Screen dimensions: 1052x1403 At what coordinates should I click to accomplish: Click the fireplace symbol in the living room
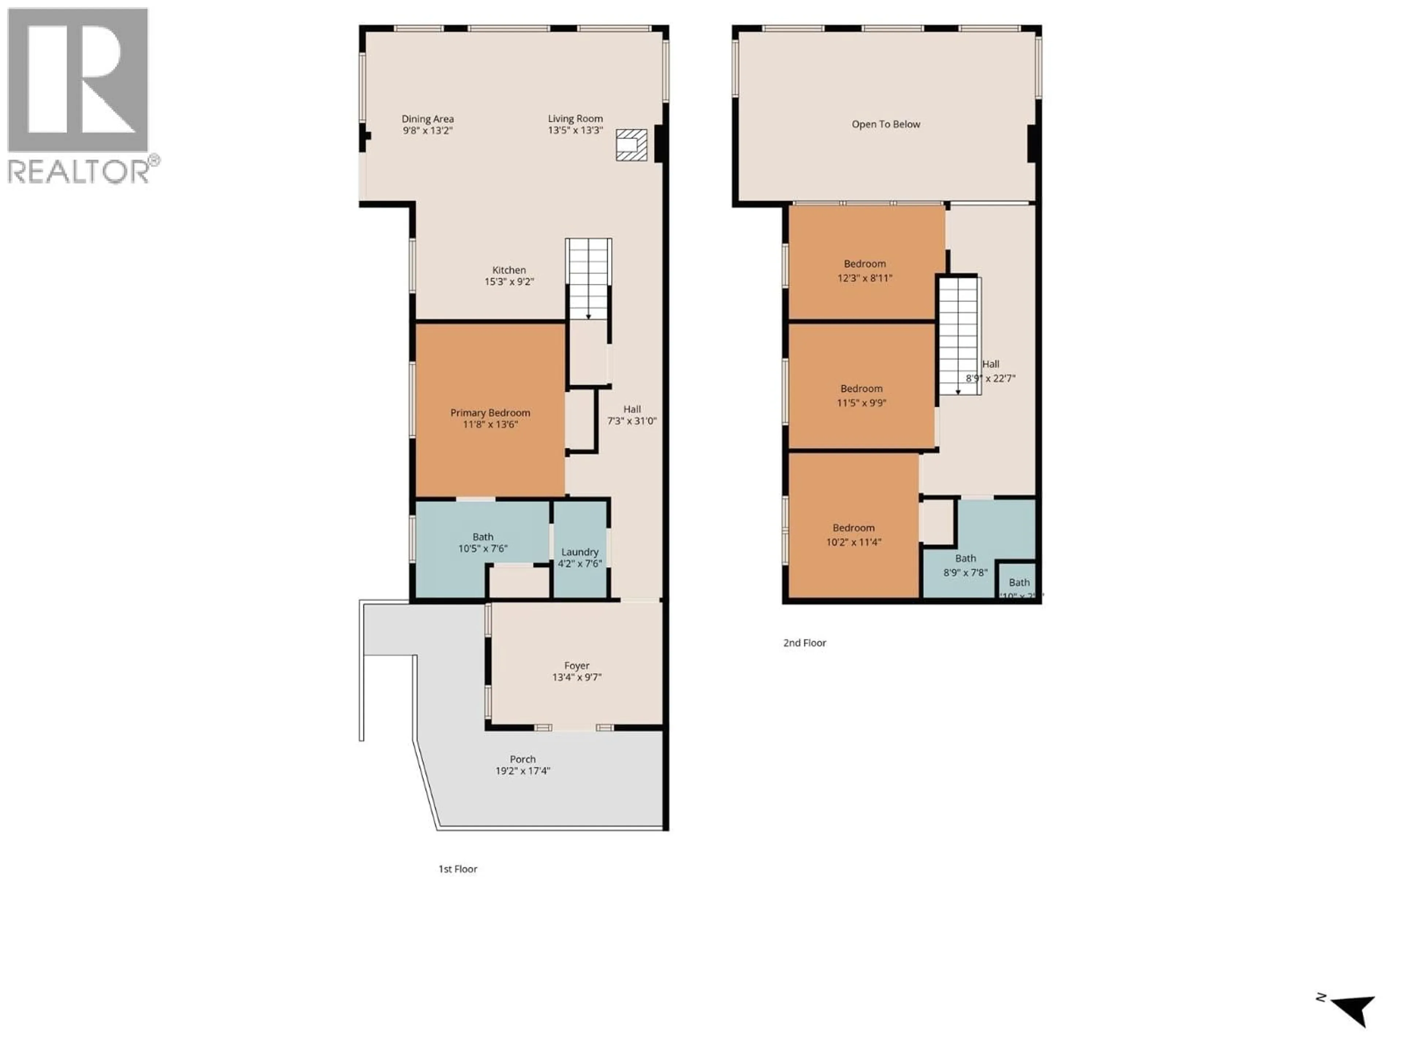point(631,145)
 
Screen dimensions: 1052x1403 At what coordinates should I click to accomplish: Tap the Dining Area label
point(427,119)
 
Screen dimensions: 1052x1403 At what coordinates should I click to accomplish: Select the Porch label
point(522,759)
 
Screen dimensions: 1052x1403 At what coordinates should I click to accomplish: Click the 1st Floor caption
point(457,869)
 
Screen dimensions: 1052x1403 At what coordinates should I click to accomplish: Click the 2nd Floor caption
point(804,643)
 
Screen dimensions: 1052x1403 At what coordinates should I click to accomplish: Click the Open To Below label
point(885,124)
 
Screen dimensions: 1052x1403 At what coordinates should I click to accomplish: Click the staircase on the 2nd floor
point(958,336)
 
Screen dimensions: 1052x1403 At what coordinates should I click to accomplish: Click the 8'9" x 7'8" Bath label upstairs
point(965,559)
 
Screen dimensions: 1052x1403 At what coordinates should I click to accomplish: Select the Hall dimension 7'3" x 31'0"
point(632,421)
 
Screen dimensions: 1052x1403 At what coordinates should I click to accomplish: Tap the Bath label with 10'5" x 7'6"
point(483,537)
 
